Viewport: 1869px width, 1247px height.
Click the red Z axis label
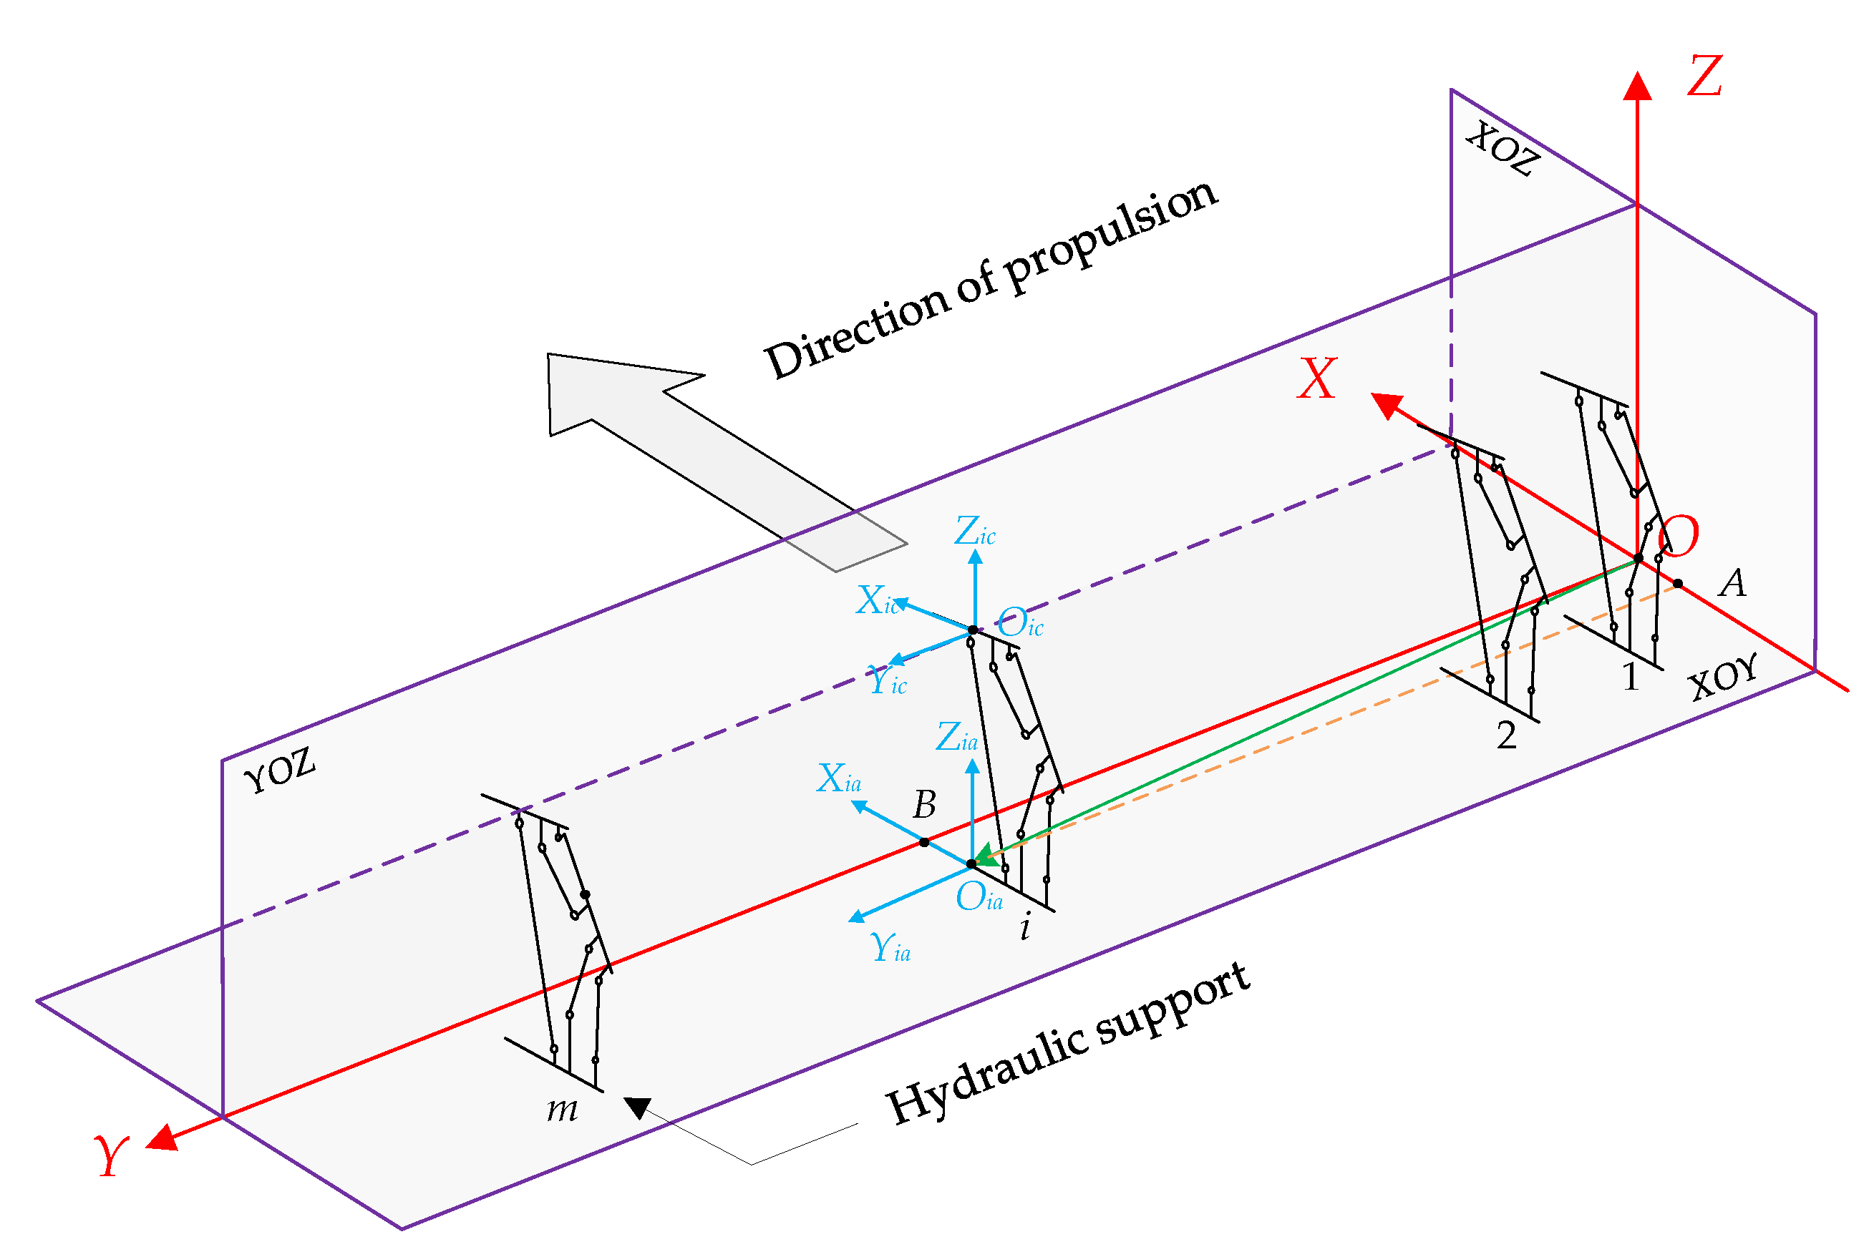point(1705,77)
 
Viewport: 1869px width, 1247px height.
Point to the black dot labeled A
point(1678,584)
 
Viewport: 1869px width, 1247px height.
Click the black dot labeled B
point(923,842)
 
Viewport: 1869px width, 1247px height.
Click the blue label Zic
point(974,532)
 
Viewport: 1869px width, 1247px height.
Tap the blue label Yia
point(890,949)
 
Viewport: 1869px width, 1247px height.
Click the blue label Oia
point(979,898)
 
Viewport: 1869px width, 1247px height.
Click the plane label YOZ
point(280,770)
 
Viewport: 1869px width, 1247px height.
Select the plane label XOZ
point(1503,149)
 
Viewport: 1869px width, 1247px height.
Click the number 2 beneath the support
point(1506,735)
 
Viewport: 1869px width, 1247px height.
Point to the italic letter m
point(562,1110)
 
